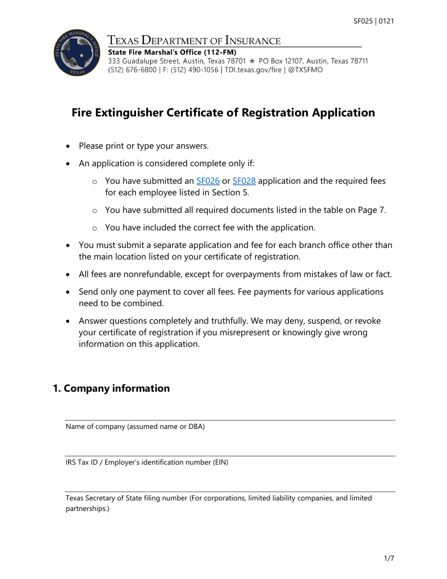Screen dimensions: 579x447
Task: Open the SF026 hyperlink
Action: [x=208, y=181]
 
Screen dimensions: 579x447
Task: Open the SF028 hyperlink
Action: [x=244, y=181]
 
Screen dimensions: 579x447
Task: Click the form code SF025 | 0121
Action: [x=374, y=21]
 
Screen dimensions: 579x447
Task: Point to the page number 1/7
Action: [x=388, y=559]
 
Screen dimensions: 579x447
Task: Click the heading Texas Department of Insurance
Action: [x=194, y=40]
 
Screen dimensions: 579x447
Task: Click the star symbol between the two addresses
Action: [x=252, y=61]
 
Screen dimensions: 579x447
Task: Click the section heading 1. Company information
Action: [x=111, y=388]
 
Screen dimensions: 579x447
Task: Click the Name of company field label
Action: [x=135, y=427]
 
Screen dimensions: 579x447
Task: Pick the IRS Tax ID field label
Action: [x=146, y=462]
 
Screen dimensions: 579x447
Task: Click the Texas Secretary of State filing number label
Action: [x=219, y=498]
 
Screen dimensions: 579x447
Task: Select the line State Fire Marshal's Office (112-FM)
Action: [x=172, y=52]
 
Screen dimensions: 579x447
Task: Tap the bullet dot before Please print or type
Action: [x=69, y=146]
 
